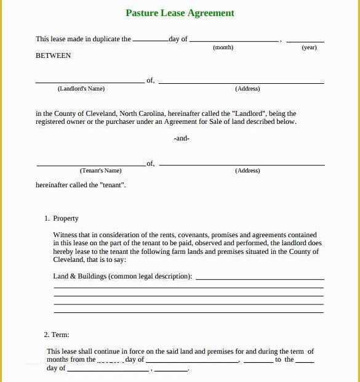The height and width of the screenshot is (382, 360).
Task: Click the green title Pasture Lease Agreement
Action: click(180, 13)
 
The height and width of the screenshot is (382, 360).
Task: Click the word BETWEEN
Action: click(54, 55)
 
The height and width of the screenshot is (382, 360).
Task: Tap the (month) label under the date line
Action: click(223, 47)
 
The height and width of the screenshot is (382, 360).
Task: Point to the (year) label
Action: click(309, 47)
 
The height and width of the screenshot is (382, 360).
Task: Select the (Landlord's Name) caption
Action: click(81, 89)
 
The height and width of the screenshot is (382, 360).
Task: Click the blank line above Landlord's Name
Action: click(90, 82)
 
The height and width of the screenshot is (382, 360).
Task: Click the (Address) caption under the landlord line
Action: click(247, 89)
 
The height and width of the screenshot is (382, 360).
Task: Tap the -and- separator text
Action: click(182, 138)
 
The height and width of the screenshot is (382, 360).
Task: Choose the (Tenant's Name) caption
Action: click(101, 171)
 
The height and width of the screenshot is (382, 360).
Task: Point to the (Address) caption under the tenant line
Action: click(247, 171)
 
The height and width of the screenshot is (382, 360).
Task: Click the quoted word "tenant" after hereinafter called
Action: click(113, 185)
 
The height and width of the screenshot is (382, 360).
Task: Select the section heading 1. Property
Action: click(62, 218)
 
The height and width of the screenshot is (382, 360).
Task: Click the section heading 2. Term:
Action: click(57, 335)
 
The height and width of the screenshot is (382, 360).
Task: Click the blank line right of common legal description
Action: click(259, 279)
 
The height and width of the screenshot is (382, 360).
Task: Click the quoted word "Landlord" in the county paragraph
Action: click(248, 113)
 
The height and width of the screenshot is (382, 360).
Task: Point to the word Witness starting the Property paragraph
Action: click(65, 235)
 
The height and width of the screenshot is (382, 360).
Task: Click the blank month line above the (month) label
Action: click(234, 41)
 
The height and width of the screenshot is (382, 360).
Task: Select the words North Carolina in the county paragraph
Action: click(142, 113)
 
